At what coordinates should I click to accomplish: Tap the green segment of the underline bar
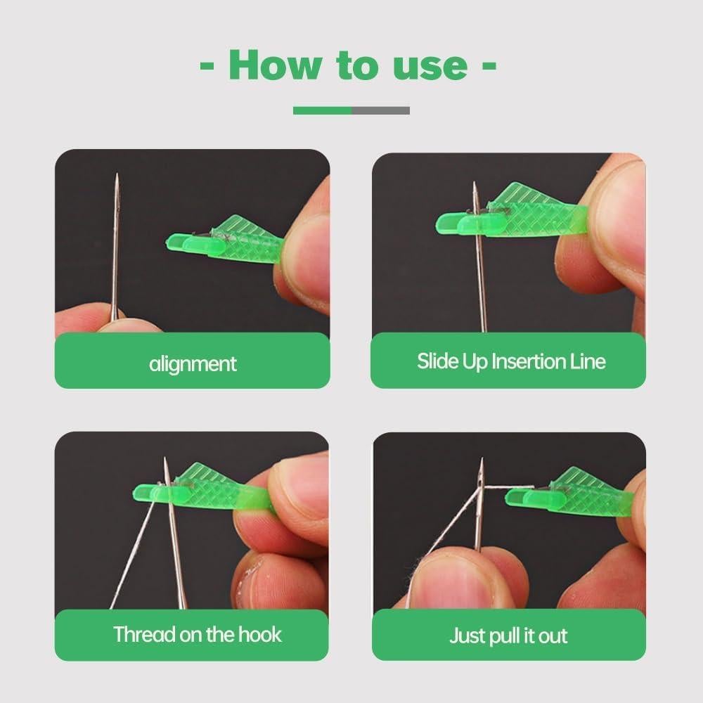point(322,110)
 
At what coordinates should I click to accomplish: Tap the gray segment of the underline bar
point(380,110)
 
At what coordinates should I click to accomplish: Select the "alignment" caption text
point(193,363)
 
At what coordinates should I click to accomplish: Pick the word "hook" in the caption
point(259,634)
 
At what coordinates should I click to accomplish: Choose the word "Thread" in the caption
point(145,634)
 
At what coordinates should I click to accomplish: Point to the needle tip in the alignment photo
point(117,177)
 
